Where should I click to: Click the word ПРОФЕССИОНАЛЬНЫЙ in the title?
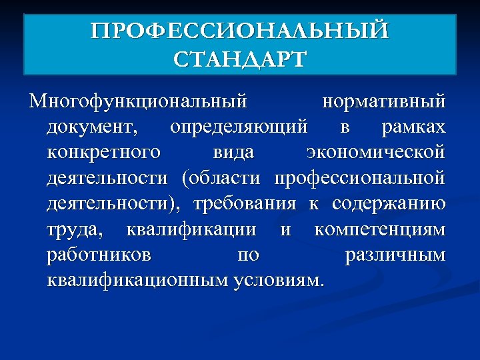239,32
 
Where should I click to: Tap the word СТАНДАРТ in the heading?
239,59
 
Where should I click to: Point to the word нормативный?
383,102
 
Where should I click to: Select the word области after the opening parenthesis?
223,177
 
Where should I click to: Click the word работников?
99,254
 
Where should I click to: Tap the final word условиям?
279,279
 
